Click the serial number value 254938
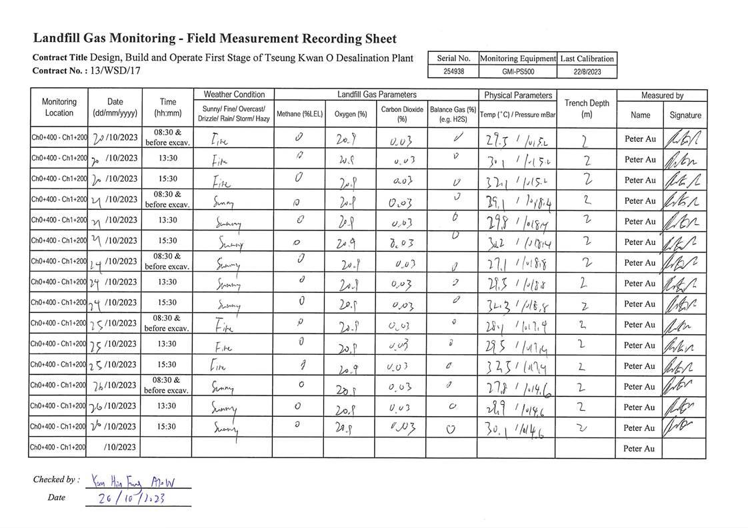coord(453,72)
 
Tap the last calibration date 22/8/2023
coord(587,72)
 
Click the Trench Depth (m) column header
coord(586,108)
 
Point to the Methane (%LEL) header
coord(299,114)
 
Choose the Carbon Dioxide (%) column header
coord(402,114)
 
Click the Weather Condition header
coord(234,95)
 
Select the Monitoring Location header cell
coord(59,107)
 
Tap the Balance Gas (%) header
coord(453,114)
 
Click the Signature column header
coord(685,115)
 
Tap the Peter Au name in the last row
coord(640,448)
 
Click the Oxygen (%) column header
coord(351,114)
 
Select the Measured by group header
coord(662,95)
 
